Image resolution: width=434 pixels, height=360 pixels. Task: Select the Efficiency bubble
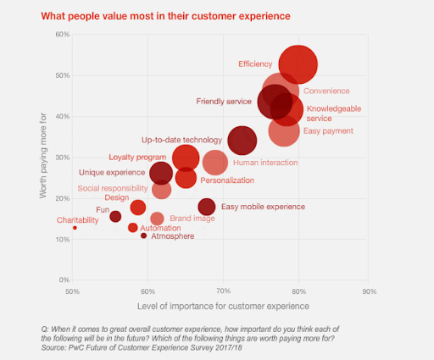click(x=298, y=64)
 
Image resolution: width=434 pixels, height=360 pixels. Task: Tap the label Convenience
click(x=327, y=91)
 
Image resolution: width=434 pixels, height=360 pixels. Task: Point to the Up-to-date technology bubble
click(x=242, y=141)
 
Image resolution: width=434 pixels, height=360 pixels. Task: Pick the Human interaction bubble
click(x=215, y=163)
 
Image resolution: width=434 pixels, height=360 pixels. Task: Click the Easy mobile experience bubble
click(x=207, y=207)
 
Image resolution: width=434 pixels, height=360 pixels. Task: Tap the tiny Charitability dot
click(x=75, y=228)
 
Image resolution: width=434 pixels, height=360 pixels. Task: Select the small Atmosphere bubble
click(x=144, y=235)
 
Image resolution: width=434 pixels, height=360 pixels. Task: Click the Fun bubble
click(x=115, y=217)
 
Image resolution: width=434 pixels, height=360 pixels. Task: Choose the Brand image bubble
click(x=157, y=219)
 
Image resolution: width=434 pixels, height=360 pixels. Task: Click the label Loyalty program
click(x=138, y=157)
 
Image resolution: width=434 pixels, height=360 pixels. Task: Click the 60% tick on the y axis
click(x=61, y=35)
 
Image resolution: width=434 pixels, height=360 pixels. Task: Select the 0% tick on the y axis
click(x=63, y=280)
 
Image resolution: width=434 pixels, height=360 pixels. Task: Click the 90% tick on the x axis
click(x=369, y=291)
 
